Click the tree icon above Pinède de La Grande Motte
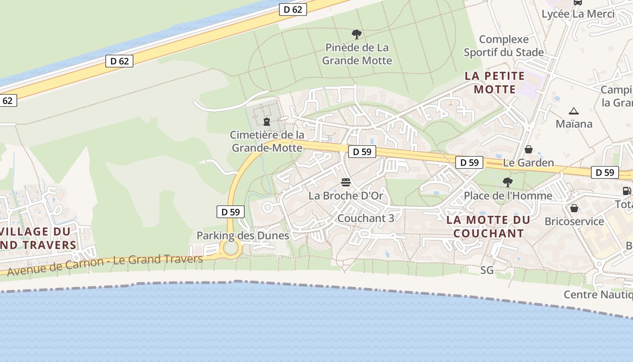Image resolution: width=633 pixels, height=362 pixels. click(357, 34)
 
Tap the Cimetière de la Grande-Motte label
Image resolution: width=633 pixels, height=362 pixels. click(267, 141)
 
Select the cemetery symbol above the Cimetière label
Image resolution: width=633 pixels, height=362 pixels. click(266, 121)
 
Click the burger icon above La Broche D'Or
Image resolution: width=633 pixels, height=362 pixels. click(346, 182)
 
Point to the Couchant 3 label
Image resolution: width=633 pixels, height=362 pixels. click(366, 218)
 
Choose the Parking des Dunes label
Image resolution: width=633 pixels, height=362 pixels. click(243, 235)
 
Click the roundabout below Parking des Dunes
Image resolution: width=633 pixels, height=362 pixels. click(231, 248)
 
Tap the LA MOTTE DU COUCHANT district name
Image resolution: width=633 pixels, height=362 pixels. click(488, 227)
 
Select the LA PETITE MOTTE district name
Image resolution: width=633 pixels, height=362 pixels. click(495, 82)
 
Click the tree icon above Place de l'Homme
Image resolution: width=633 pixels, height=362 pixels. click(507, 182)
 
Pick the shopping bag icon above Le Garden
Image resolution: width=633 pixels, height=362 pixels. click(528, 149)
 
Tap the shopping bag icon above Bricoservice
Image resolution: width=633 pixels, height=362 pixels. click(574, 208)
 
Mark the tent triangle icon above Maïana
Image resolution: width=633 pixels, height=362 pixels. click(574, 111)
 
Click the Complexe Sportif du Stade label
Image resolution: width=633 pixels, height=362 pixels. click(504, 46)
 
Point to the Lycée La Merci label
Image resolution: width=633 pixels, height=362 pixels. click(578, 14)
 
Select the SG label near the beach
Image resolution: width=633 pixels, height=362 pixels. click(487, 271)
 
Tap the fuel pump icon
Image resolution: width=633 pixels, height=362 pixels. click(627, 191)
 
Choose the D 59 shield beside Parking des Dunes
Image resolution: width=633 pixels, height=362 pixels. click(231, 212)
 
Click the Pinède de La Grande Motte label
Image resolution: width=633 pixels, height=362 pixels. click(357, 54)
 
